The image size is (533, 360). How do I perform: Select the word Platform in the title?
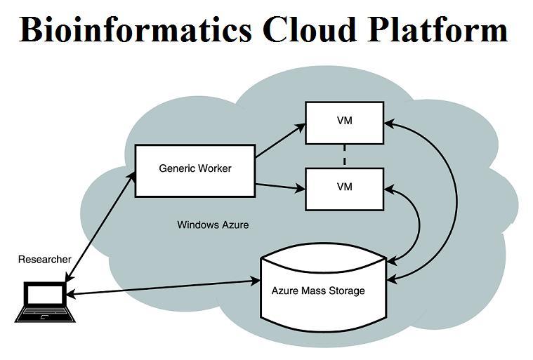(x=442, y=29)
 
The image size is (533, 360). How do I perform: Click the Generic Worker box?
(x=195, y=171)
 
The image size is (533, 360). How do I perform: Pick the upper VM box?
(x=344, y=122)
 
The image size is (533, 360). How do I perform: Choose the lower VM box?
(x=344, y=188)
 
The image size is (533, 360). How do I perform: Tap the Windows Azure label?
(x=213, y=225)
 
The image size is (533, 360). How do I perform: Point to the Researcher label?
(x=44, y=260)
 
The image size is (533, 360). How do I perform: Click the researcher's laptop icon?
(x=44, y=302)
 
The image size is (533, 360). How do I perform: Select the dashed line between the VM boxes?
(x=345, y=156)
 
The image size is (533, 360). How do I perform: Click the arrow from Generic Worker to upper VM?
(x=280, y=141)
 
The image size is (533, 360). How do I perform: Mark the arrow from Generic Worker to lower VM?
(x=280, y=186)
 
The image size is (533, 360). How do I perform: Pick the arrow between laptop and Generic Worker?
(x=98, y=229)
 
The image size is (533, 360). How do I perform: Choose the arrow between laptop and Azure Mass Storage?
(x=162, y=288)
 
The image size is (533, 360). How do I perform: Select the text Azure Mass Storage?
(x=318, y=290)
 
